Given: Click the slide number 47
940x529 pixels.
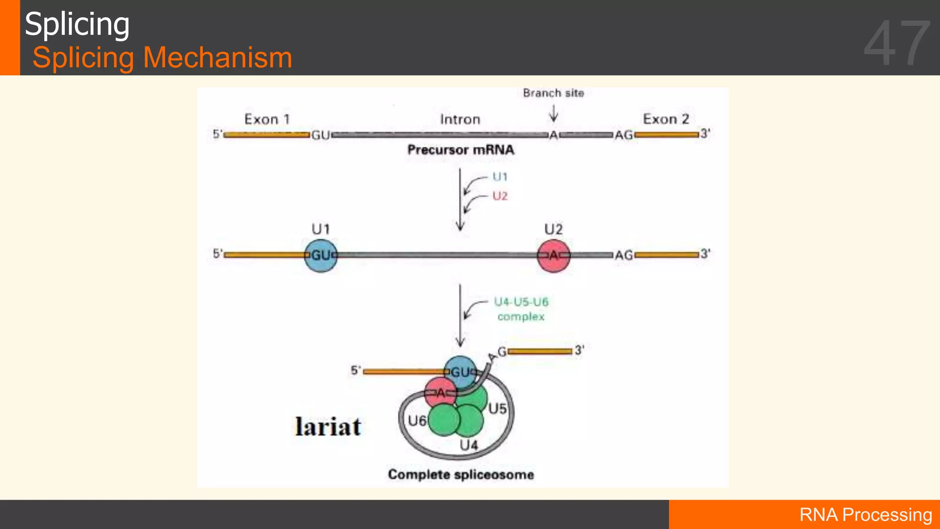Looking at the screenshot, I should click(897, 44).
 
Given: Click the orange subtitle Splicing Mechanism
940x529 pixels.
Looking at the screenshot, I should click(162, 58).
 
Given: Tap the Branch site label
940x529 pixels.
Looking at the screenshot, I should click(554, 93).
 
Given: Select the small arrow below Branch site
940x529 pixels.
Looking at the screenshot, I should click(554, 113).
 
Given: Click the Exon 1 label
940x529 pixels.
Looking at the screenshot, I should click(267, 119).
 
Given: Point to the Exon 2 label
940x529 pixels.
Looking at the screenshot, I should click(666, 119).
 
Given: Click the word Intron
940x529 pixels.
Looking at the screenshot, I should click(460, 120).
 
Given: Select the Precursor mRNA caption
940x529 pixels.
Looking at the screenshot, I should click(461, 150).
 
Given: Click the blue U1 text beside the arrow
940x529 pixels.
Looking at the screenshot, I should click(500, 177).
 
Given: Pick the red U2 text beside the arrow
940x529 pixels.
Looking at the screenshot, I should click(500, 196).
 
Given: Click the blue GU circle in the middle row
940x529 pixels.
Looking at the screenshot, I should click(321, 255).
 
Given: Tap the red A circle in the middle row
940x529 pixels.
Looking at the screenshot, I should click(554, 255).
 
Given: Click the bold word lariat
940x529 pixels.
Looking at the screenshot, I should click(328, 427).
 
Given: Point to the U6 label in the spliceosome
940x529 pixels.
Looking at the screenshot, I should click(417, 421).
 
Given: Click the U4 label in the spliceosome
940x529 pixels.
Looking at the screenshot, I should click(469, 445).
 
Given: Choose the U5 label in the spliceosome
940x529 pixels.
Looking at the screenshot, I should click(498, 409).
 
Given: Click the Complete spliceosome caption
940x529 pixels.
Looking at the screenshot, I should click(461, 474).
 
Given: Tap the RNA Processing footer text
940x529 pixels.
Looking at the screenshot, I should click(866, 515).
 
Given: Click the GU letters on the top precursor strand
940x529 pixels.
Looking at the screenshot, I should click(320, 135).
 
